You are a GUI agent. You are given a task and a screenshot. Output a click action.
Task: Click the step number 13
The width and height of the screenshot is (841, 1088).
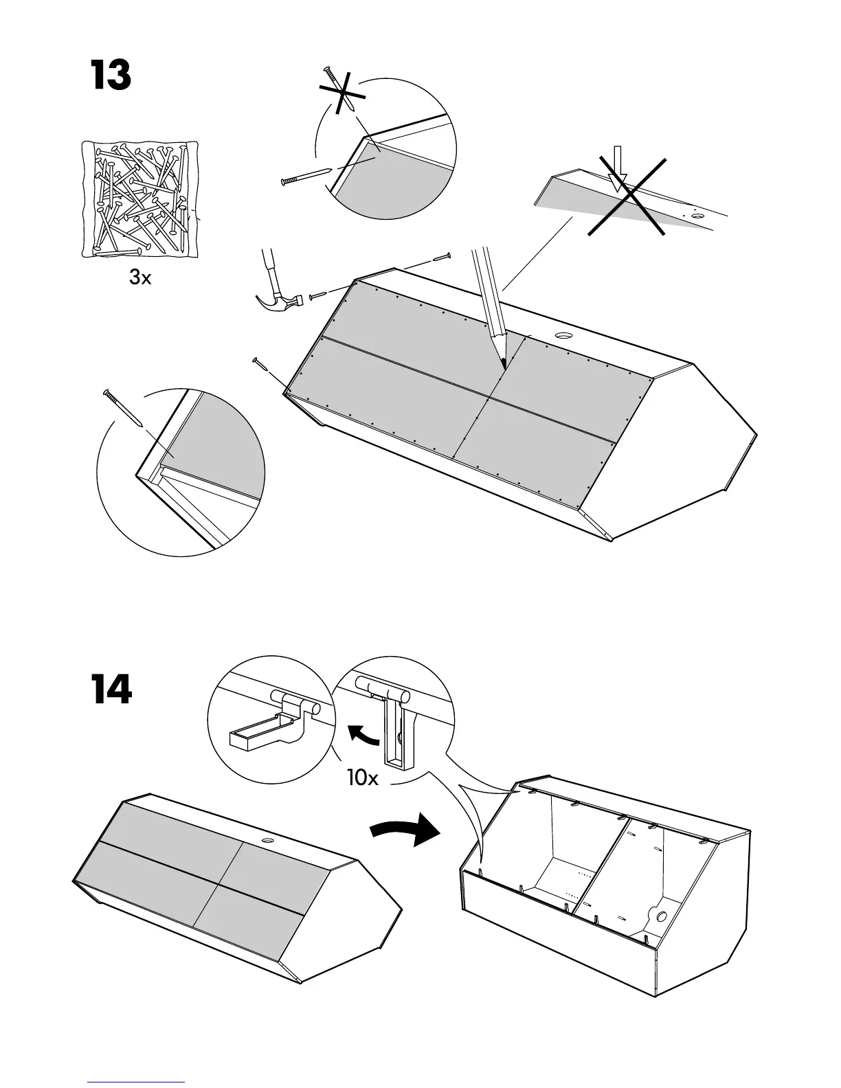(111, 76)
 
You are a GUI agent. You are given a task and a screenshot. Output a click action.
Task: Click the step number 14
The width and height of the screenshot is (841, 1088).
(111, 690)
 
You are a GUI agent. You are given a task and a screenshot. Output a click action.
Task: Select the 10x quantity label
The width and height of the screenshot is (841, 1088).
(362, 778)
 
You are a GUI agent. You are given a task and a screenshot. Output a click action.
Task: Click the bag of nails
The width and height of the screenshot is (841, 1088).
(139, 199)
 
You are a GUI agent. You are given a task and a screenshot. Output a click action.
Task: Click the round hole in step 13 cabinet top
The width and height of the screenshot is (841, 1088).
(563, 336)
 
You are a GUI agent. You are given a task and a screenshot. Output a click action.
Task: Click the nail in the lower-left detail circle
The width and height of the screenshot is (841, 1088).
(122, 408)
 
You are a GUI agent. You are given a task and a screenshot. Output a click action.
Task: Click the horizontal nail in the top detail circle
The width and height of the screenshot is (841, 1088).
(305, 176)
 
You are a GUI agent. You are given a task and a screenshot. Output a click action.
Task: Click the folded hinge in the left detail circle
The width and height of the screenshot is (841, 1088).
(275, 721)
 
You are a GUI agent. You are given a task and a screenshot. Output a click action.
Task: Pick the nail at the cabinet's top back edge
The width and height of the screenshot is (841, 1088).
(440, 258)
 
